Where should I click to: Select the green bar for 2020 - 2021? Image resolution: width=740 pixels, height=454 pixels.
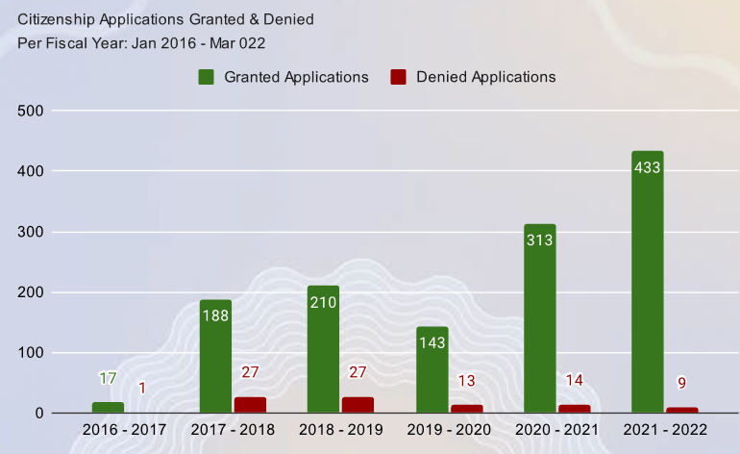click(540, 318)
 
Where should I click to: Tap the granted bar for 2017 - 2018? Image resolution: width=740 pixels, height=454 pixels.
click(215, 356)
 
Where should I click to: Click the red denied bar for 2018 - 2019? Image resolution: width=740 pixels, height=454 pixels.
click(358, 405)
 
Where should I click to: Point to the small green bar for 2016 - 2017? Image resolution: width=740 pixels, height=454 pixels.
click(108, 408)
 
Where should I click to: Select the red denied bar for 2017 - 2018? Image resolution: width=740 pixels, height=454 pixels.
click(250, 405)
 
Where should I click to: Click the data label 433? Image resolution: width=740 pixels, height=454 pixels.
click(648, 167)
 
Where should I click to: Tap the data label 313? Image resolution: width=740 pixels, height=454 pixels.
click(540, 240)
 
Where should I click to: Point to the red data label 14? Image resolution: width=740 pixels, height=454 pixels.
click(575, 380)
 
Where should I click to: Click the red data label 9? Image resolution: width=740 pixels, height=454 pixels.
click(682, 383)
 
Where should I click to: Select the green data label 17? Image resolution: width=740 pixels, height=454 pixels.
click(108, 378)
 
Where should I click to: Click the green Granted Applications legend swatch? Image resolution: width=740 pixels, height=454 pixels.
click(207, 77)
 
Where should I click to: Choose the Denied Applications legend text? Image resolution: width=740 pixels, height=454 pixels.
click(486, 77)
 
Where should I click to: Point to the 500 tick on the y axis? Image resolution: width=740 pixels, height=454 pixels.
click(32, 111)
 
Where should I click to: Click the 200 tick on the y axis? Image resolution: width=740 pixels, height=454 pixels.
click(32, 292)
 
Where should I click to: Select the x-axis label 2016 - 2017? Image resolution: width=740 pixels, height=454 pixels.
click(124, 429)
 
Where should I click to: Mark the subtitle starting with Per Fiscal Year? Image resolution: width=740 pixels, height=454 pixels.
click(141, 42)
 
